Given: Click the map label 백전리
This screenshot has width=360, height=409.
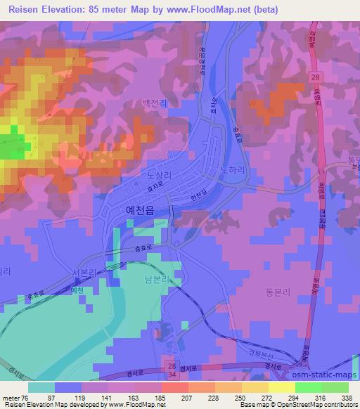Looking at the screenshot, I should pyautogui.click(x=155, y=103).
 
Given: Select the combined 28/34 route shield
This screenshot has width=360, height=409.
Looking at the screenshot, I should pyautogui.click(x=174, y=370).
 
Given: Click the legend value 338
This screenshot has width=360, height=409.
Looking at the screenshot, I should pyautogui.click(x=345, y=397).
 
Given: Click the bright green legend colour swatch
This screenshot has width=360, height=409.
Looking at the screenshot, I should pyautogui.click(x=311, y=387).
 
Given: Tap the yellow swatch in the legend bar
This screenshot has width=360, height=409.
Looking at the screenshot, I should pyautogui.click(x=282, y=387).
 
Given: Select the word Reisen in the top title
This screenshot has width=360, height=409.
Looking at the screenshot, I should pyautogui.click(x=25, y=10).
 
